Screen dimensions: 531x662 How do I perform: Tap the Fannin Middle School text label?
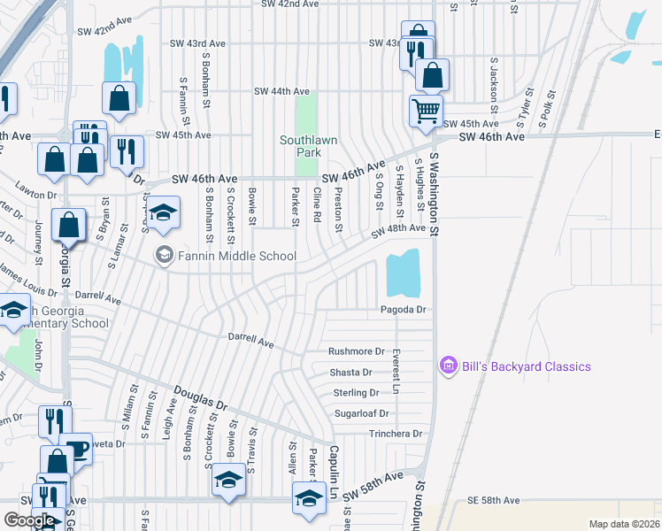pos(236,257)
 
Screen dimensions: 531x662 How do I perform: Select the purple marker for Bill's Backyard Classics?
pos(448,366)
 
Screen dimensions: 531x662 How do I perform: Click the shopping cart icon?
pos(426,111)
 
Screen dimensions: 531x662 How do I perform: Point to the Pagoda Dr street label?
pos(404,310)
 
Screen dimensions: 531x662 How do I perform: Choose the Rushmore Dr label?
pos(357,351)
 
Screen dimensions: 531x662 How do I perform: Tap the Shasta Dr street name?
pos(350,373)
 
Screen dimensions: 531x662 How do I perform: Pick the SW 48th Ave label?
pos(398,228)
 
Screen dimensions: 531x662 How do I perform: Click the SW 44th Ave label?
pos(281,91)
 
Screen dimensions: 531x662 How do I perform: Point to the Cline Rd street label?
pos(316,204)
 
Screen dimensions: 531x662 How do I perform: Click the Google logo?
pos(28,520)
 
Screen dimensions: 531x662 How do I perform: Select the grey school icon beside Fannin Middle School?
pos(164,256)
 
